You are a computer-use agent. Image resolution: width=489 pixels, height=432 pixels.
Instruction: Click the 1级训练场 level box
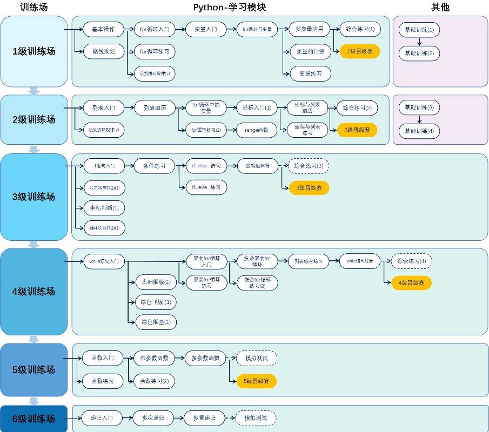(x=34, y=52)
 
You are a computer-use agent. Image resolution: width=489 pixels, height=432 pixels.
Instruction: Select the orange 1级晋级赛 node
(x=359, y=52)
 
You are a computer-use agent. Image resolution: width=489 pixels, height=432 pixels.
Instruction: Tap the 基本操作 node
(x=103, y=30)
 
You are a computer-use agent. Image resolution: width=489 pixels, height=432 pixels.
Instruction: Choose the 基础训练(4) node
(x=419, y=131)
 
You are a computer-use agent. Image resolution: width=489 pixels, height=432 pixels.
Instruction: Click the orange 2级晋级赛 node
(x=357, y=130)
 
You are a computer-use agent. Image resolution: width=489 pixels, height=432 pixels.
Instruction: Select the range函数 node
(x=256, y=130)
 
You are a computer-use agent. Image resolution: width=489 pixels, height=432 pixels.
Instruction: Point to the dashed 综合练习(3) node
(x=309, y=165)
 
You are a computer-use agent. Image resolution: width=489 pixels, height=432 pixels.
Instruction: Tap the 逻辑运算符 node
(x=258, y=165)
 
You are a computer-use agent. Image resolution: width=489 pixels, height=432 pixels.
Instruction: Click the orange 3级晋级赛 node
(x=309, y=188)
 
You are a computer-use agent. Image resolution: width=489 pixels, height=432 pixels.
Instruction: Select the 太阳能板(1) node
(x=156, y=282)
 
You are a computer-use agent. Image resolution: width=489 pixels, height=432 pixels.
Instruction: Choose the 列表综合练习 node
(x=309, y=261)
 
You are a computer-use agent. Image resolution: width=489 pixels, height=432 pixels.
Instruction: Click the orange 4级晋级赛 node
(x=411, y=283)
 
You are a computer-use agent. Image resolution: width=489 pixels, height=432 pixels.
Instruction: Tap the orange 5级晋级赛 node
(x=257, y=381)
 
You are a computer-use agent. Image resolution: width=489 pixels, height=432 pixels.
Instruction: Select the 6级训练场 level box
(x=34, y=418)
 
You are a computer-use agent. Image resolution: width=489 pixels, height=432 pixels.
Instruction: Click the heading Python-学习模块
(x=230, y=7)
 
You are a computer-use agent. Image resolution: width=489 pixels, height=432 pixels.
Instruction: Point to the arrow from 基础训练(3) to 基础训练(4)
(x=419, y=119)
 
